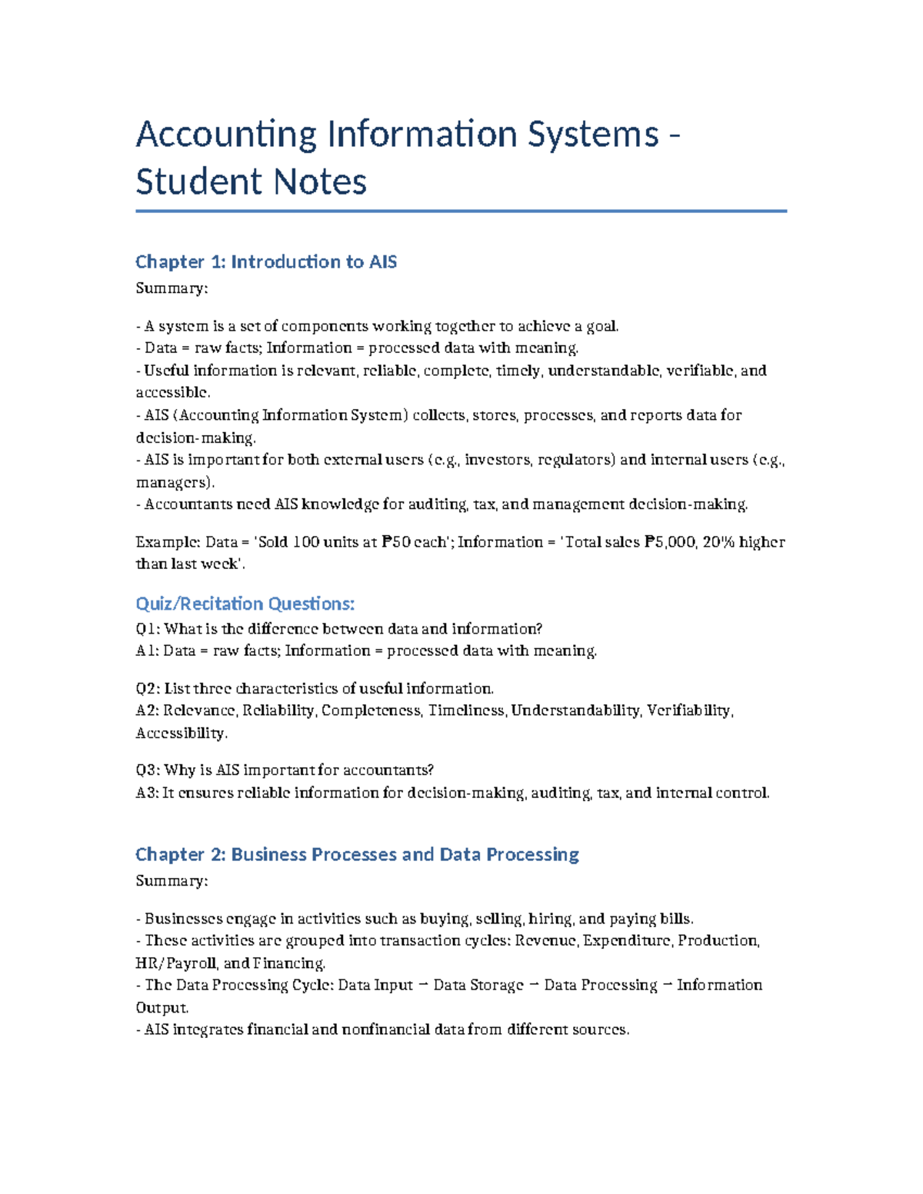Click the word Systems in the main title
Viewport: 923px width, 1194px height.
point(592,135)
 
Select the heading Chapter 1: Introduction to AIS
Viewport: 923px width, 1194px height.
point(266,262)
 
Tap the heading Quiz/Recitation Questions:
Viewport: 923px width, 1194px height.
point(245,604)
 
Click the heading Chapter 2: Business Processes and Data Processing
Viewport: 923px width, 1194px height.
point(357,855)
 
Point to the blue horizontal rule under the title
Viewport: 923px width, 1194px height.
point(461,211)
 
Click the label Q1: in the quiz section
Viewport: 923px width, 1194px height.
point(148,629)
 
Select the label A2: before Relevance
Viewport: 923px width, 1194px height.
point(148,710)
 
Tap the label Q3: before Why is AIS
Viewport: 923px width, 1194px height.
point(148,770)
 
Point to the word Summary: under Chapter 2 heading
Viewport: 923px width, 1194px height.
point(172,881)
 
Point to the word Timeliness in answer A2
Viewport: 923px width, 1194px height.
point(468,710)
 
